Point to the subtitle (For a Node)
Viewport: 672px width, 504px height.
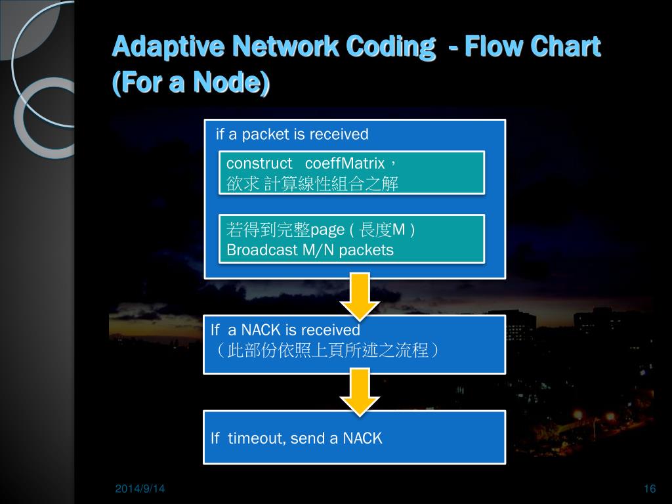(x=191, y=83)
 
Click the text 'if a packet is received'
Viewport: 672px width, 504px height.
(x=292, y=135)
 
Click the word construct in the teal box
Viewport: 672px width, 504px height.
(x=259, y=163)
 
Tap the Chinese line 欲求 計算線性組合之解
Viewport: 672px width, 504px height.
(x=312, y=184)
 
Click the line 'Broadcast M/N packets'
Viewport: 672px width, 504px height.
(x=310, y=250)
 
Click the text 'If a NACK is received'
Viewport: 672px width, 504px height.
(x=285, y=329)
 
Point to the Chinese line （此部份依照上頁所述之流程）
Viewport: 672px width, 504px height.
(x=325, y=350)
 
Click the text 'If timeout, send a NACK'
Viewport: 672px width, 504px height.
(x=296, y=438)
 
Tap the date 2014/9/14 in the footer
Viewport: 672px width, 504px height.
(x=140, y=489)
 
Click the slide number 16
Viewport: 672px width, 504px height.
(x=650, y=489)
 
